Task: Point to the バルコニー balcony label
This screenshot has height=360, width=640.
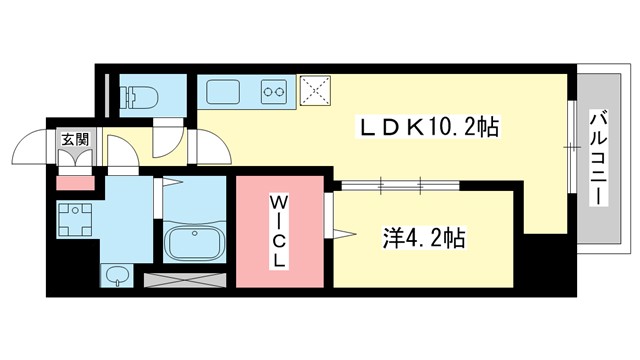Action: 598,157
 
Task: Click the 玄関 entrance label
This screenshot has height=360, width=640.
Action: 73,140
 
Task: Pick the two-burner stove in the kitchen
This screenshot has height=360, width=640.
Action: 273,93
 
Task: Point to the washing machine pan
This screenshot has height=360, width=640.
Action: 75,220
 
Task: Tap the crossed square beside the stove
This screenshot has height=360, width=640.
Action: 317,90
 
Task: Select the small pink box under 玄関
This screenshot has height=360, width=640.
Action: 72,182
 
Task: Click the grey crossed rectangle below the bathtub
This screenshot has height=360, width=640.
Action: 186,281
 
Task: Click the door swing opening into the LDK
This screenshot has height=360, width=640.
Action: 214,149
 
